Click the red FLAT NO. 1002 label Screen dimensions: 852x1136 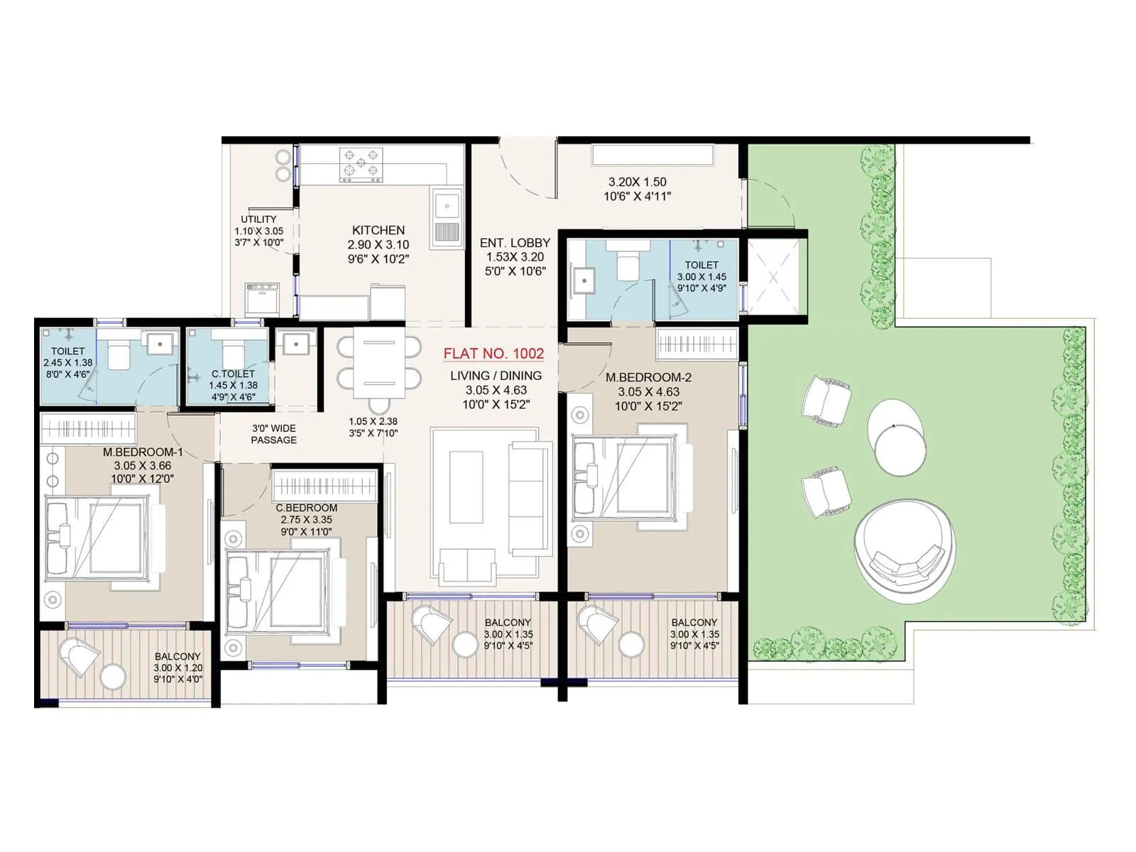pyautogui.click(x=493, y=354)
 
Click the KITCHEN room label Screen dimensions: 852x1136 pyautogui.click(x=378, y=231)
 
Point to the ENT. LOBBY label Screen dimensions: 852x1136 pyautogui.click(x=515, y=243)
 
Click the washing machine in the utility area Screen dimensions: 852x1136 pyautogui.click(x=261, y=299)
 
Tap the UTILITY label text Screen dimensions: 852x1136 pyautogui.click(x=258, y=219)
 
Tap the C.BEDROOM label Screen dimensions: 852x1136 pyautogui.click(x=307, y=508)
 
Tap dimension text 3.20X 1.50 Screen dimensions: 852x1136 pyautogui.click(x=637, y=182)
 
